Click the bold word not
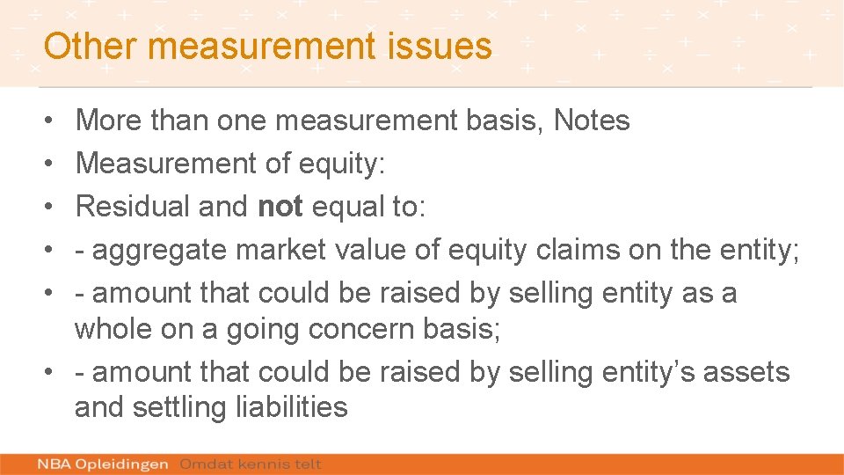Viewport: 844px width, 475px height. tap(280, 207)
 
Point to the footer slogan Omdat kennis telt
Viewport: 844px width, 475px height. tap(251, 464)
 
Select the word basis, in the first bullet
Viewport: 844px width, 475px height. tap(504, 120)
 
